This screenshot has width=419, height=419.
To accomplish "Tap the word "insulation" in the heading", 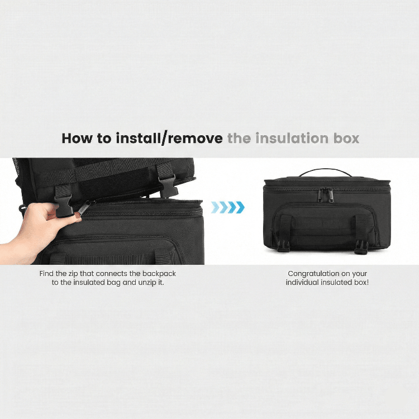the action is point(292,138).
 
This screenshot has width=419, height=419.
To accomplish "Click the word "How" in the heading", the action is point(78,139).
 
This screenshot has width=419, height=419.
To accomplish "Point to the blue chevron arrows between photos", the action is point(228,207).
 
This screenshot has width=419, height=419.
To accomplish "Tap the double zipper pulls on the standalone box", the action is point(326,194).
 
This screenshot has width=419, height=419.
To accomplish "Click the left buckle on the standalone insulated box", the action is point(283,246).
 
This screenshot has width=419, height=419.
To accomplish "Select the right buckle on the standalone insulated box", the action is point(361,246).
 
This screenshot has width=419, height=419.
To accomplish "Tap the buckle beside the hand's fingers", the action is point(64,205).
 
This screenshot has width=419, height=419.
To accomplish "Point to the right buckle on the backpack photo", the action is point(168,185).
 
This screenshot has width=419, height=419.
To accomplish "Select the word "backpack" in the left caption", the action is point(159,274).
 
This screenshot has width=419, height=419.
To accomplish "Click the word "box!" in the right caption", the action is point(361,283).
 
